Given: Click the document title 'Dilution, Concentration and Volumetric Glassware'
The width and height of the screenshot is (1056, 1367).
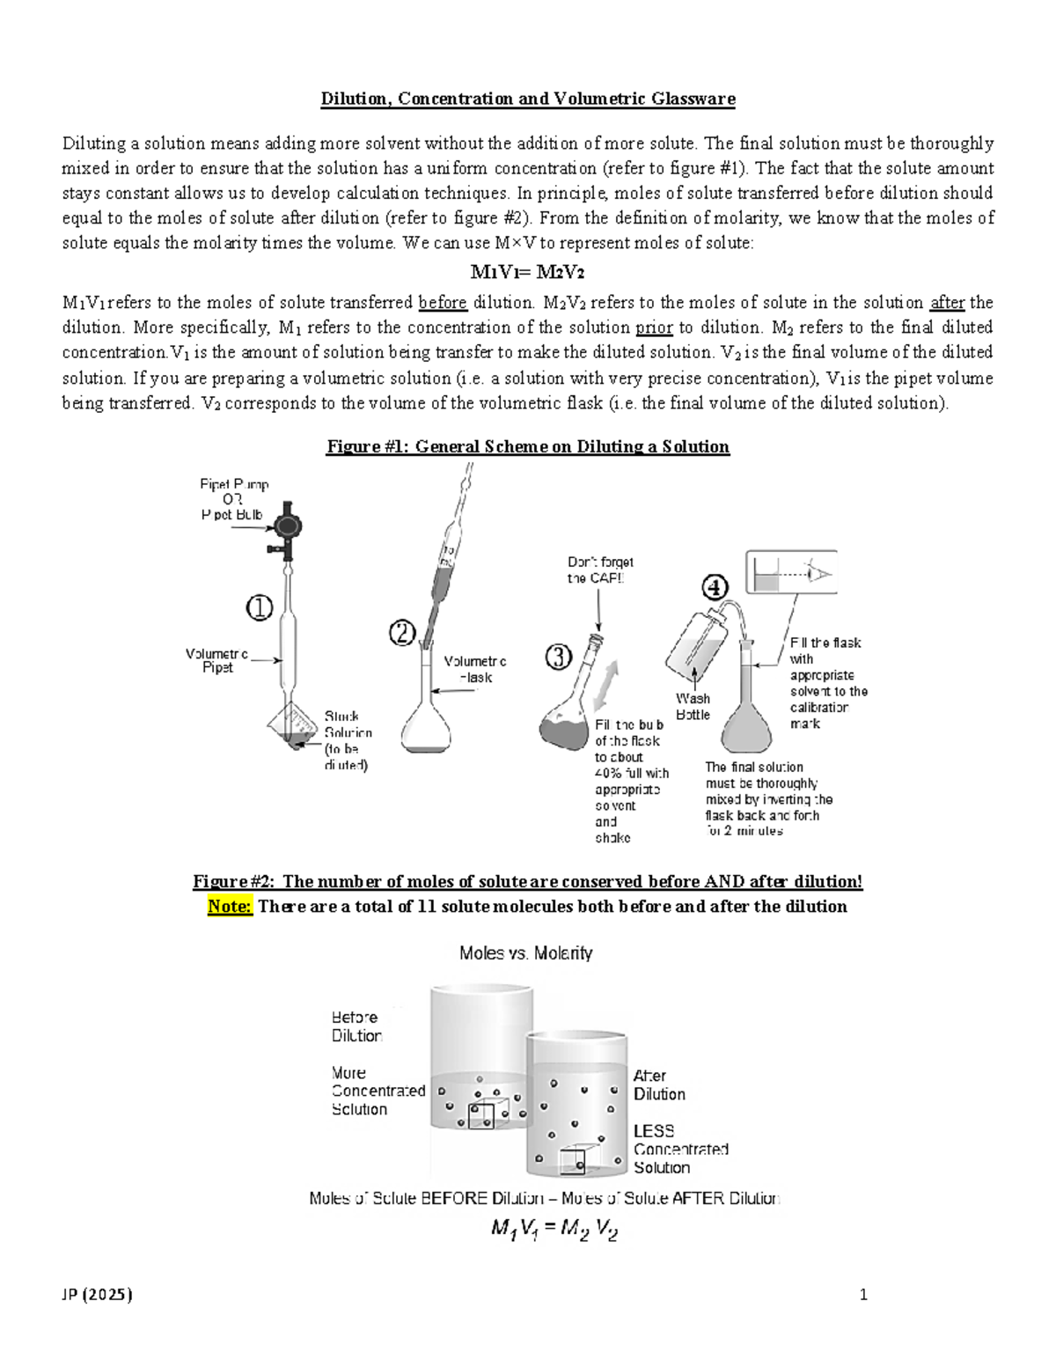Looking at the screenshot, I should (528, 99).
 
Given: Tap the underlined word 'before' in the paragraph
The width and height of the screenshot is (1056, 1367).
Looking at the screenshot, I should (443, 303).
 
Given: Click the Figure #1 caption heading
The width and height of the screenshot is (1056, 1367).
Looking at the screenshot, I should (528, 446).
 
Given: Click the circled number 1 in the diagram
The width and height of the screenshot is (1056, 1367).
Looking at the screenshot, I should (259, 607).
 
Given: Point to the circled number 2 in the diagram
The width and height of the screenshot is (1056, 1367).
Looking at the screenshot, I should (403, 633).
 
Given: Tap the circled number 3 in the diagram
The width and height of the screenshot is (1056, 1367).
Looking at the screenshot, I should (560, 658).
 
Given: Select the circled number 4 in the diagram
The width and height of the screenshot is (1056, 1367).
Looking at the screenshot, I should (714, 586).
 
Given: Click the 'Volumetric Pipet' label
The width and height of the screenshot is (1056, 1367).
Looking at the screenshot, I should (216, 660).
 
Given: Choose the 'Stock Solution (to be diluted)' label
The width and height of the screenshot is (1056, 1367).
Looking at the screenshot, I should (348, 740).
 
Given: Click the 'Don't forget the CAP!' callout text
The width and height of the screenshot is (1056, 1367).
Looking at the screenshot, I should (600, 570).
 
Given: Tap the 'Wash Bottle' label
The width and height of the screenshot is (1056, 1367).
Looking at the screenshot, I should (693, 706).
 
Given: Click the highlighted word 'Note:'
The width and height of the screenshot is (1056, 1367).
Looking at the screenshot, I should (230, 907).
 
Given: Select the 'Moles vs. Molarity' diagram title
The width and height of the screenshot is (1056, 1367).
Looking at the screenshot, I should (526, 952).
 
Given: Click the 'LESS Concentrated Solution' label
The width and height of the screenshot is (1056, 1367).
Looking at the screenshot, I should (680, 1149).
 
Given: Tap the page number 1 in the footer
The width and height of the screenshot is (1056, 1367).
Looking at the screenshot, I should (863, 1294).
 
